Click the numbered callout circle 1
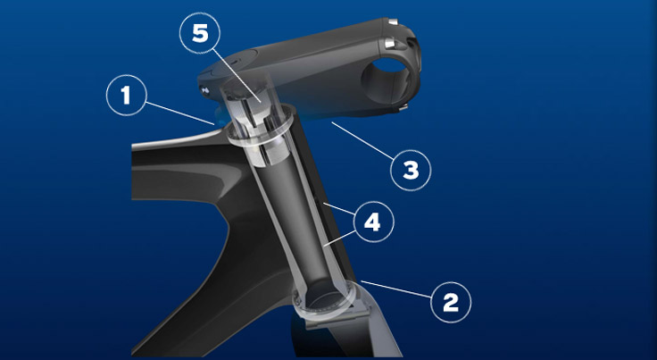pyautogui.click(x=127, y=95)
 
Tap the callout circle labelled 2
pyautogui.click(x=451, y=302)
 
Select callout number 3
pyautogui.click(x=411, y=170)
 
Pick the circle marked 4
pyautogui.click(x=372, y=222)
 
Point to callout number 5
pyautogui.click(x=200, y=33)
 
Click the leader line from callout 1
pyautogui.click(x=180, y=113)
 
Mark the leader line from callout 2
pyautogui.click(x=396, y=289)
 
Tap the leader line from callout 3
pyautogui.click(x=362, y=141)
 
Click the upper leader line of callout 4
pyautogui.click(x=338, y=209)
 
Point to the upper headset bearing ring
pyautogui.click(x=259, y=129)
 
